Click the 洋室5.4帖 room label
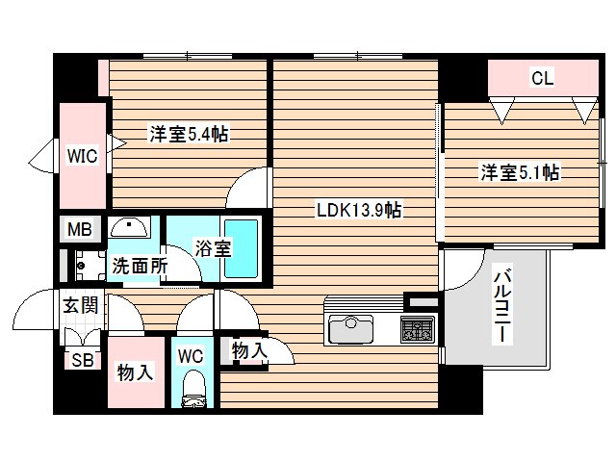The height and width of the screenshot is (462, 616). (x=189, y=135)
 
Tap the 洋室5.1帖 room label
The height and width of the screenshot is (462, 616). (x=521, y=173)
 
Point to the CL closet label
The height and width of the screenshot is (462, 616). (x=543, y=80)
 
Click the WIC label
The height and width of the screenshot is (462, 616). (x=82, y=156)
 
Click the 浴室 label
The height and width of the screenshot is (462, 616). (x=213, y=248)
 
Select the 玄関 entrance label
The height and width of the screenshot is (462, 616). (x=80, y=306)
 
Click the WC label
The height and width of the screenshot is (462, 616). (x=192, y=355)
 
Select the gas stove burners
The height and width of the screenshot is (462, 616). (x=418, y=330)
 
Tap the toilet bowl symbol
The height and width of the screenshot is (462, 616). (x=192, y=391)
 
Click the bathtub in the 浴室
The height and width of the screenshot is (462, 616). (x=241, y=248)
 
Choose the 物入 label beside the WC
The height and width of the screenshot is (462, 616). (x=250, y=352)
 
